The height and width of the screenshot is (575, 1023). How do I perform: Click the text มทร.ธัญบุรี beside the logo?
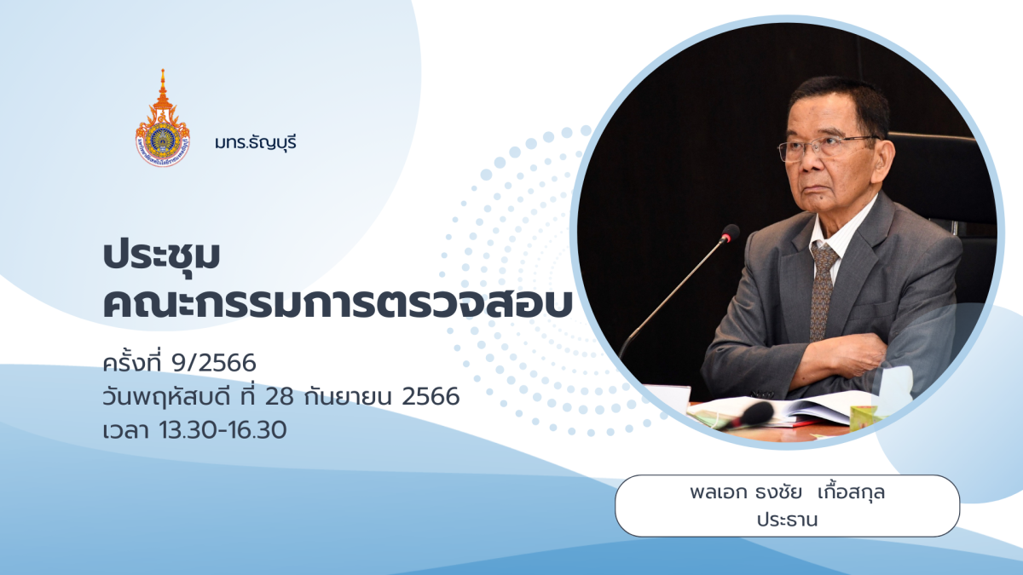[x=256, y=143]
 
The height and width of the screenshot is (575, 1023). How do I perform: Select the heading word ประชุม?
[x=162, y=256]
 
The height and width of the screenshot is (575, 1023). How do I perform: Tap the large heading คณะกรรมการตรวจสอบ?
[x=338, y=303]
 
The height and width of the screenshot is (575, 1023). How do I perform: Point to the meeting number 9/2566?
[x=214, y=363]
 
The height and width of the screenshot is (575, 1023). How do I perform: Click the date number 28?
[x=279, y=396]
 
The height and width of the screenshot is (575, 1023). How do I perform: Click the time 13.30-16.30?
[x=223, y=430]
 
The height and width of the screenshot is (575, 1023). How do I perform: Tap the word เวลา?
[x=125, y=430]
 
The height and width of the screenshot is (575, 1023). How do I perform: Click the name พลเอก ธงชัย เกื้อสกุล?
[x=788, y=492]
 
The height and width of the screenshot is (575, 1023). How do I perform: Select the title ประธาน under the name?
[x=788, y=520]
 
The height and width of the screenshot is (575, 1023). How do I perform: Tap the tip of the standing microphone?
[x=731, y=233]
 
